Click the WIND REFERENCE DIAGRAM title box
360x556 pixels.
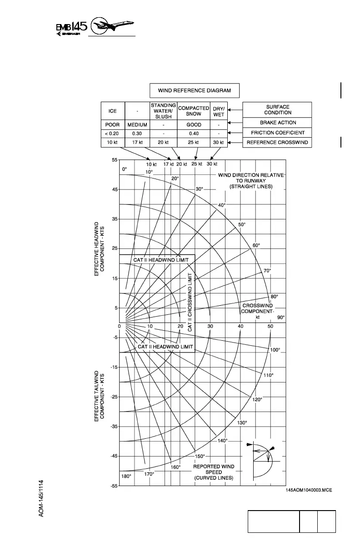pyautogui.click(x=195, y=90)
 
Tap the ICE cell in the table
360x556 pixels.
pyautogui.click(x=112, y=111)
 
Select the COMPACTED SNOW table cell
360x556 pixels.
pyautogui.click(x=193, y=111)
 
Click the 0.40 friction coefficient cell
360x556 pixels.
pyautogui.click(x=193, y=134)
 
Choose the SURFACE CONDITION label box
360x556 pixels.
pyautogui.click(x=277, y=109)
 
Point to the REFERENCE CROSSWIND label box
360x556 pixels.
pyautogui.click(x=277, y=143)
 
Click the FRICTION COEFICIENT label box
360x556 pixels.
pyautogui.click(x=277, y=133)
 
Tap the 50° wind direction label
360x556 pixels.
pyautogui.click(x=242, y=224)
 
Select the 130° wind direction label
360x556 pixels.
pyautogui.click(x=242, y=423)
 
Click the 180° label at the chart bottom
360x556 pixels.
pyautogui.click(x=126, y=476)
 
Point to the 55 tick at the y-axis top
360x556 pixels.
pyautogui.click(x=115, y=160)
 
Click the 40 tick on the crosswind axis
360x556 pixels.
pyautogui.click(x=240, y=327)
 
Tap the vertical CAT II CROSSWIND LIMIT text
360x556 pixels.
pyautogui.click(x=190, y=302)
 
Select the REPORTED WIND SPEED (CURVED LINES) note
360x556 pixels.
pyautogui.click(x=214, y=472)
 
